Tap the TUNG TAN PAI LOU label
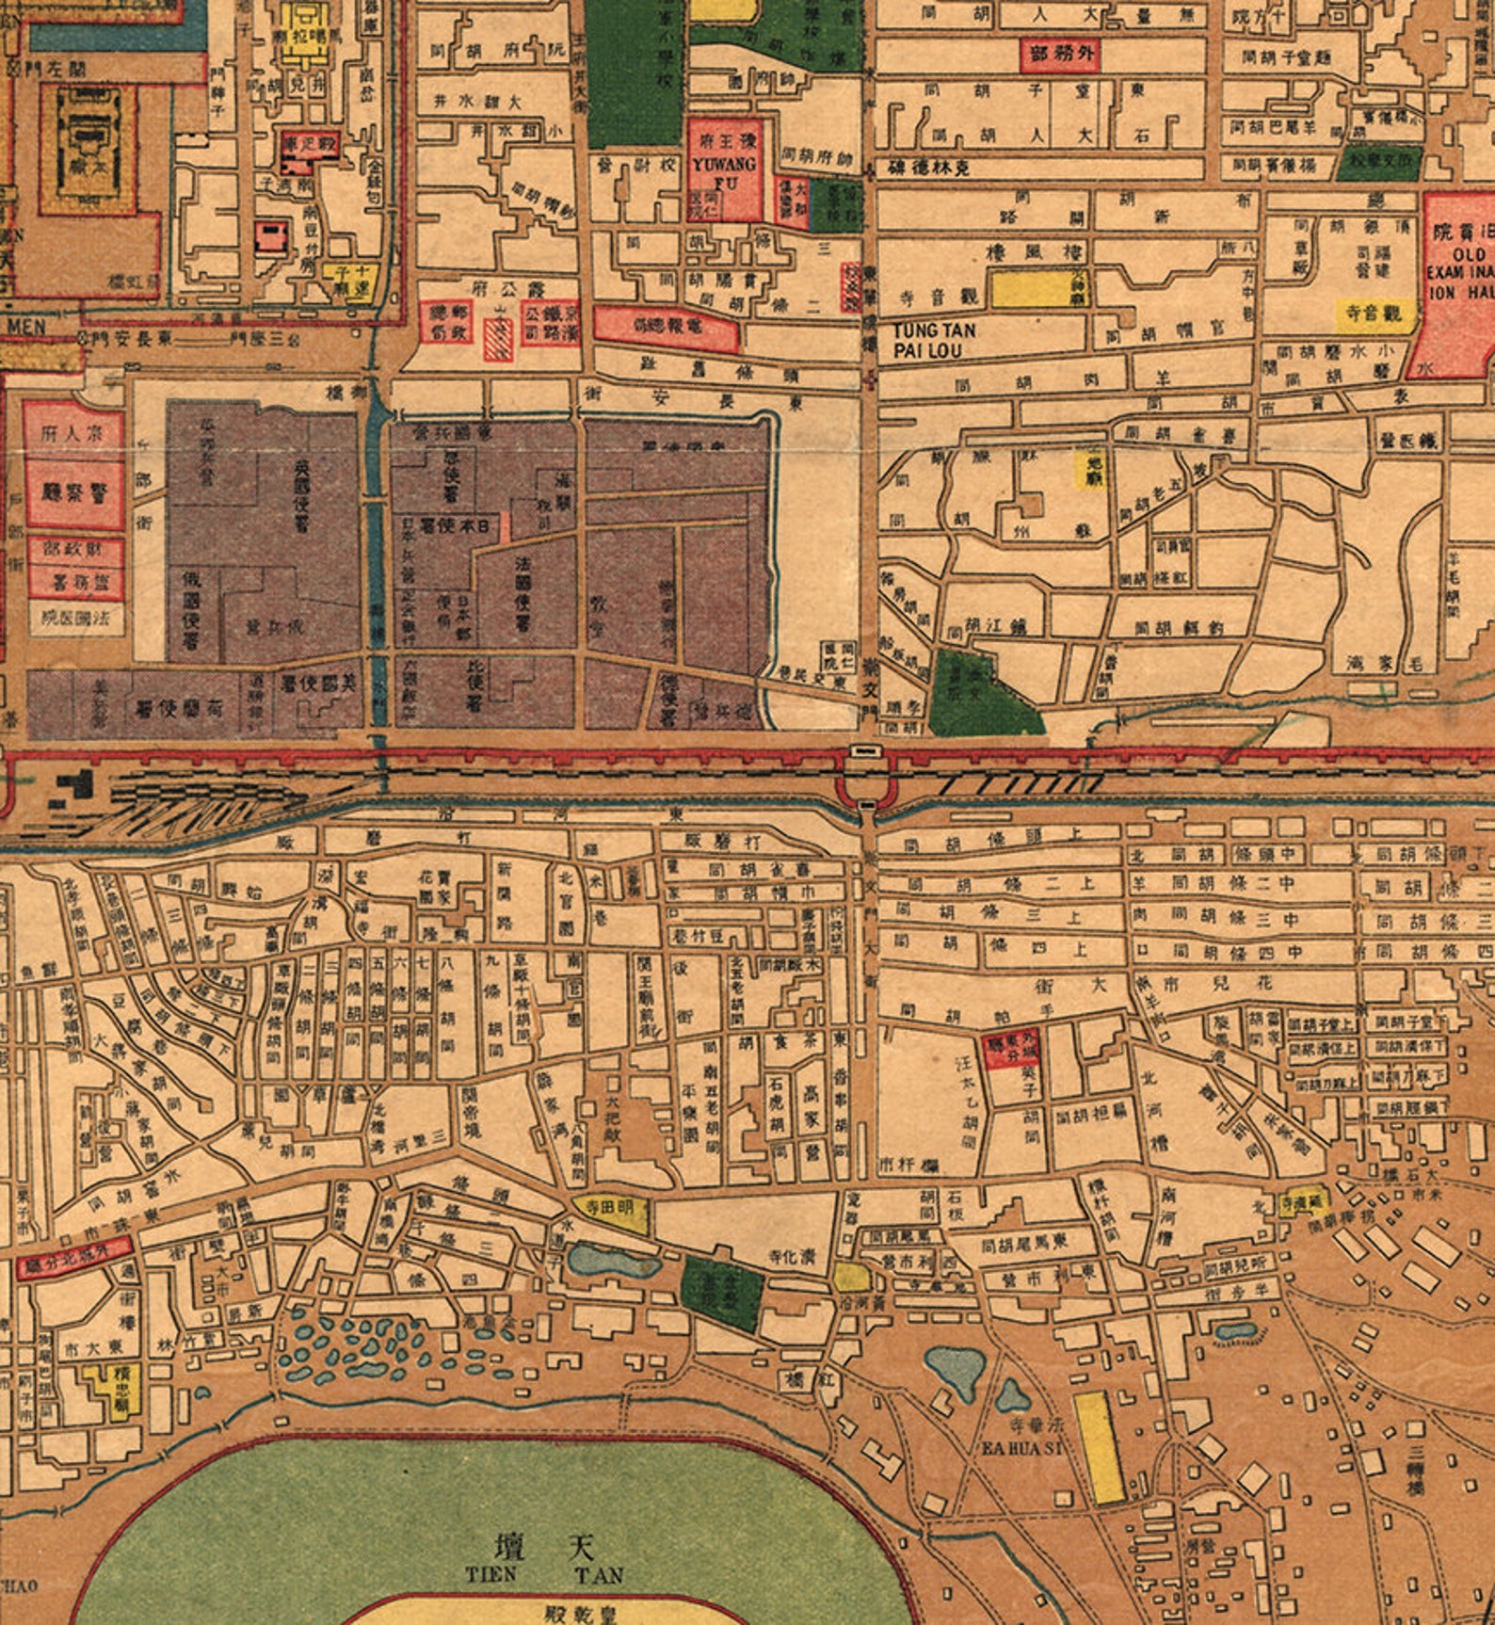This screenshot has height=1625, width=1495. pos(934,338)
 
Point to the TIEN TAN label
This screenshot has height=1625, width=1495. pos(544,1573)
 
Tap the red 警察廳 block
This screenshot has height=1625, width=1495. pos(73,492)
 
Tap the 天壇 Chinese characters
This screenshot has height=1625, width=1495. pos(545,1545)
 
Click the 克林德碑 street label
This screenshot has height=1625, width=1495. pos(930,167)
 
